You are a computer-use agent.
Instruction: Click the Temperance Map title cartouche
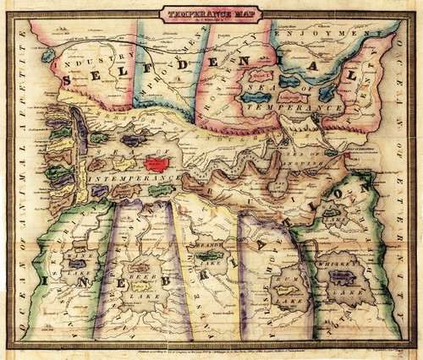tap(212, 14)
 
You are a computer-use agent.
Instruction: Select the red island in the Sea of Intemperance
tap(157, 163)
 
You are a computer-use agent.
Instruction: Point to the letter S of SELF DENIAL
tap(69, 77)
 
